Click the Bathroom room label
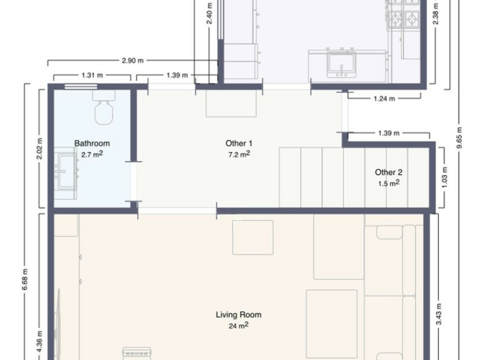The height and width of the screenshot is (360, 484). [x=92, y=144]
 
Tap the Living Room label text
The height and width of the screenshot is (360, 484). [x=239, y=315]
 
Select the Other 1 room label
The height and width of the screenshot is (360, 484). [x=239, y=144]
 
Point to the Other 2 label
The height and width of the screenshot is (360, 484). [x=389, y=172]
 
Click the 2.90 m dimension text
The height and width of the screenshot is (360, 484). [x=133, y=61]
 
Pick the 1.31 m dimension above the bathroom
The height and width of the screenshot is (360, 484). [x=92, y=75]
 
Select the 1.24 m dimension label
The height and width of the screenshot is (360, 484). [x=384, y=99]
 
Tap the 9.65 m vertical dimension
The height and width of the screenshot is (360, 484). [x=459, y=138]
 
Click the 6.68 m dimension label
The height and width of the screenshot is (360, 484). [x=25, y=280]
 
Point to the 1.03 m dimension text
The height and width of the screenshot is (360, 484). [x=444, y=177]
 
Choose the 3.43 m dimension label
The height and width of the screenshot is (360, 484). [x=439, y=314]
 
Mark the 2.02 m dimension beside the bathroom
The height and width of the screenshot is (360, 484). [x=40, y=149]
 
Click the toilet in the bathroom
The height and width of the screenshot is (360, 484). [x=103, y=107]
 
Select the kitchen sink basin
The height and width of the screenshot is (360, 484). [x=342, y=64]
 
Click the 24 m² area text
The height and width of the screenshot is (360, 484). [x=239, y=326]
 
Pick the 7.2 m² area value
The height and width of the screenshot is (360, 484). [x=239, y=154]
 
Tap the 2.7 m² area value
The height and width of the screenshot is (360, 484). [x=92, y=154]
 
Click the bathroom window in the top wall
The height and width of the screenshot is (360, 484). [x=81, y=86]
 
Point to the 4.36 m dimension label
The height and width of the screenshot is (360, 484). [x=40, y=341]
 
